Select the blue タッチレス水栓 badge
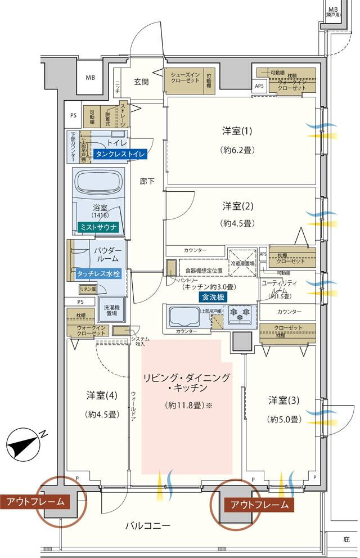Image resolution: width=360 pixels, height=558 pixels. pyautogui.click(x=99, y=274)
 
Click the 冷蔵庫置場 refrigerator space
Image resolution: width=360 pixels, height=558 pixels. pyautogui.click(x=242, y=262)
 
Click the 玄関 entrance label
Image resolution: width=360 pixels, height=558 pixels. pyautogui.click(x=141, y=82)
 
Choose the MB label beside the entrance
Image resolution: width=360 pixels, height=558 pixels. pyautogui.click(x=90, y=78)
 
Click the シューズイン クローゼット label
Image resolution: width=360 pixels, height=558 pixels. pyautogui.click(x=186, y=77)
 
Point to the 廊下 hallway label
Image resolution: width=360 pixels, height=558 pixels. pyautogui.click(x=147, y=181)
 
